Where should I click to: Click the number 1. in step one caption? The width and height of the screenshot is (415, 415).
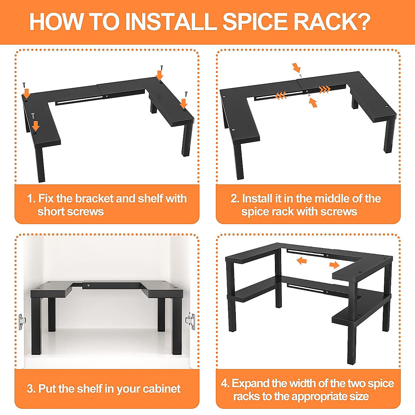click(x=31, y=199)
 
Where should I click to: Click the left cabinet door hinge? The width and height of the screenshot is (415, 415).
click(x=22, y=321)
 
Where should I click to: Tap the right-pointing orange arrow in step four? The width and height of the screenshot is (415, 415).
click(x=334, y=265)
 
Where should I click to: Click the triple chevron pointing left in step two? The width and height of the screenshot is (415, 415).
click(x=280, y=95)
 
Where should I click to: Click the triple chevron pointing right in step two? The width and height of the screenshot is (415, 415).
click(x=325, y=90)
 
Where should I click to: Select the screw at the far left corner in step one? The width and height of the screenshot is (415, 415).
click(x=24, y=84)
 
